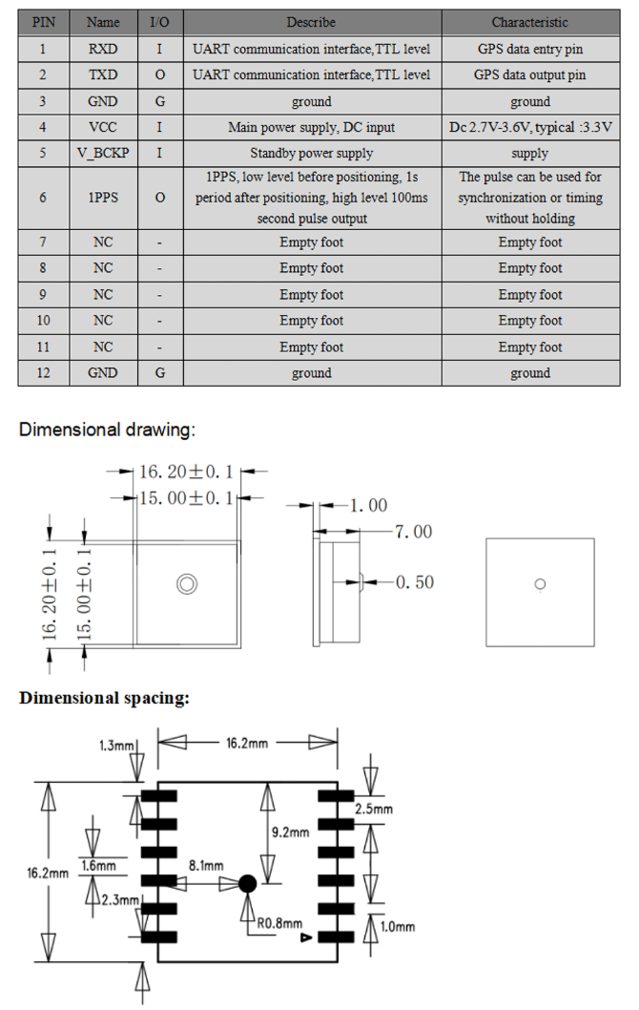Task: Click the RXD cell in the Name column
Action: pos(103,48)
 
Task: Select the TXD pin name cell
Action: pos(103,74)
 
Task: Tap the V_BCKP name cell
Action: pos(103,153)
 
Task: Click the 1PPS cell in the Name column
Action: pos(103,198)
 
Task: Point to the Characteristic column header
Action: pos(529,22)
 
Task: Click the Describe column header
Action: pos(311,22)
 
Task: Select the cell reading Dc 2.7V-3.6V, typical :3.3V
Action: pos(529,127)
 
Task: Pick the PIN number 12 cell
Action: pos(43,373)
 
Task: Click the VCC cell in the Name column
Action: pos(103,127)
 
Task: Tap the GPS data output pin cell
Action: pos(529,74)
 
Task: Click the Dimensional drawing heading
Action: pos(107,430)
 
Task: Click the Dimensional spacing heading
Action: pos(104,698)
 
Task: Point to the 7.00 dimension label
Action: pos(412,531)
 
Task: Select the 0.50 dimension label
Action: pos(414,581)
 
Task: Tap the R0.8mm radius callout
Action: pos(278,923)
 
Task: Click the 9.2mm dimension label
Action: pos(291,831)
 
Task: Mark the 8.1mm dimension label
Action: pos(205,866)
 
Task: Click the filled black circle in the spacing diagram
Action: pos(247,884)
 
